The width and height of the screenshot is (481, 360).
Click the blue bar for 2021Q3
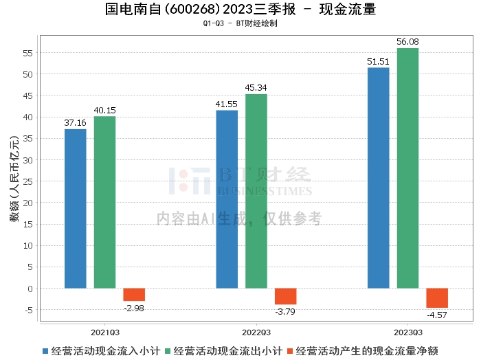[x=76, y=208]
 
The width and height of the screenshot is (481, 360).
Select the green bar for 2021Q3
[x=104, y=202]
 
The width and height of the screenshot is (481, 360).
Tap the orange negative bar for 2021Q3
[x=134, y=295]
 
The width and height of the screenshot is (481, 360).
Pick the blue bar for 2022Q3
[x=227, y=199]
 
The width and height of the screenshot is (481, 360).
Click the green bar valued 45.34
[x=256, y=191]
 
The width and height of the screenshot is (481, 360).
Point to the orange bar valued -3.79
[x=286, y=296]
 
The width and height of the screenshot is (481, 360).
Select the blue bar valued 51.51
[x=379, y=178]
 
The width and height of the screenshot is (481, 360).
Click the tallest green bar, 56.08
[x=407, y=168]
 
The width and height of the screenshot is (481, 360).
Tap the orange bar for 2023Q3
[x=437, y=298]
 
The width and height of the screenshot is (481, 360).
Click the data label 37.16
[x=76, y=123]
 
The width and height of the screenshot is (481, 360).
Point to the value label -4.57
[x=437, y=315]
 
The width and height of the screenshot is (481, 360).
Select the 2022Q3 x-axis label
[x=256, y=330]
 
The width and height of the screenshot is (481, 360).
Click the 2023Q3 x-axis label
[x=408, y=330]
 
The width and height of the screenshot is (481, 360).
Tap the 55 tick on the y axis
[x=28, y=53]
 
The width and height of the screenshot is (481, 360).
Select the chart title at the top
[x=240, y=10]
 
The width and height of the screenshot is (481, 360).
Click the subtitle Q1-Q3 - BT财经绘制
[x=240, y=23]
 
